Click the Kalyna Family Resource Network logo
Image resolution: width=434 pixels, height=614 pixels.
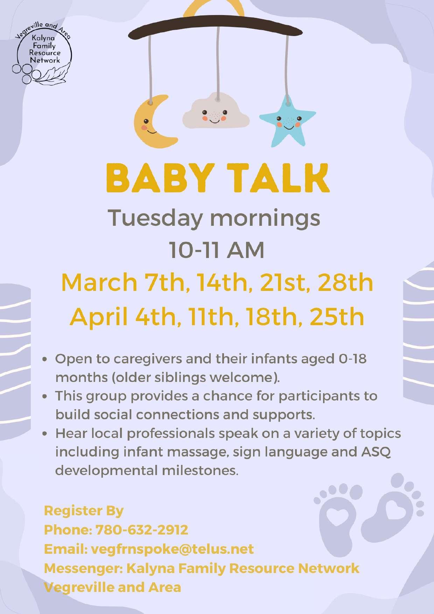pyautogui.click(x=42, y=53)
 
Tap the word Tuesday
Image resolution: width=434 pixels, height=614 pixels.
pyautogui.click(x=155, y=218)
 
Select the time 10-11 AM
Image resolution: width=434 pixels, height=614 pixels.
pyautogui.click(x=217, y=251)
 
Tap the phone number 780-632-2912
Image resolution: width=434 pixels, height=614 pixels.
pyautogui.click(x=142, y=530)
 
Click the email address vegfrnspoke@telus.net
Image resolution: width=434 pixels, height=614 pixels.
pyautogui.click(x=172, y=549)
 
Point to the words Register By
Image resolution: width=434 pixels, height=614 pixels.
pyautogui.click(x=84, y=511)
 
